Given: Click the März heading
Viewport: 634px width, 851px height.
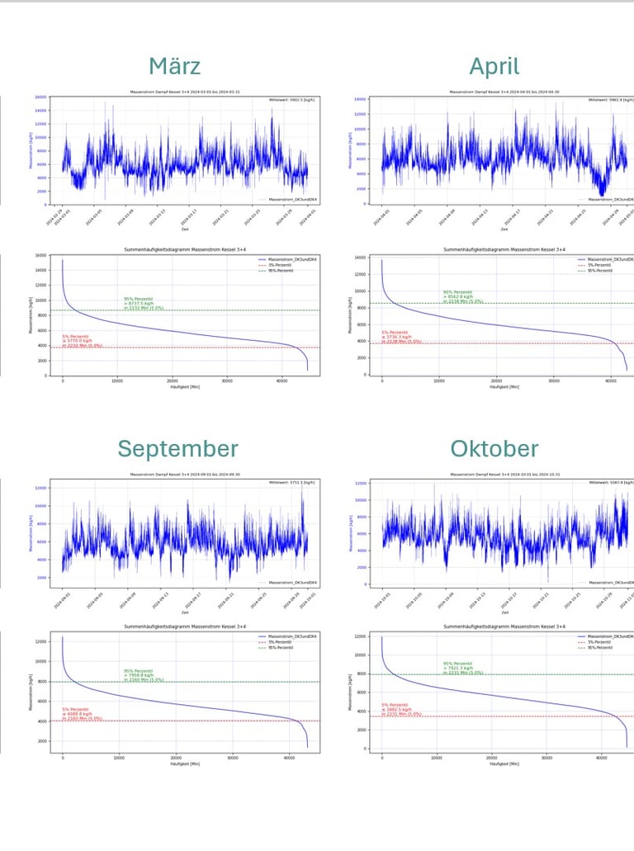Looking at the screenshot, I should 174,66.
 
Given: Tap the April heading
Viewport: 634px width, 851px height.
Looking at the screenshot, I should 494,66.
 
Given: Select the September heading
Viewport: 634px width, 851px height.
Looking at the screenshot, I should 177,449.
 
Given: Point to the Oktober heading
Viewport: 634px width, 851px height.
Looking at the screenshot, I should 494,449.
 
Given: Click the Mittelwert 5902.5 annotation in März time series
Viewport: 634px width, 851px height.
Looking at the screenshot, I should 291,100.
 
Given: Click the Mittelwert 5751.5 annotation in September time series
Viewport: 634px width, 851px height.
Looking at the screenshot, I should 291,482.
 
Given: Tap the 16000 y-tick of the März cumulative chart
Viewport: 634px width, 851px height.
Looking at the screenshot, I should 40,256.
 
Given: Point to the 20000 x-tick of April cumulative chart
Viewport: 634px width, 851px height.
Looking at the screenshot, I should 496,381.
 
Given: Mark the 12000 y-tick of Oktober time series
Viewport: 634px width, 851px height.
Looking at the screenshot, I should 360,484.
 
